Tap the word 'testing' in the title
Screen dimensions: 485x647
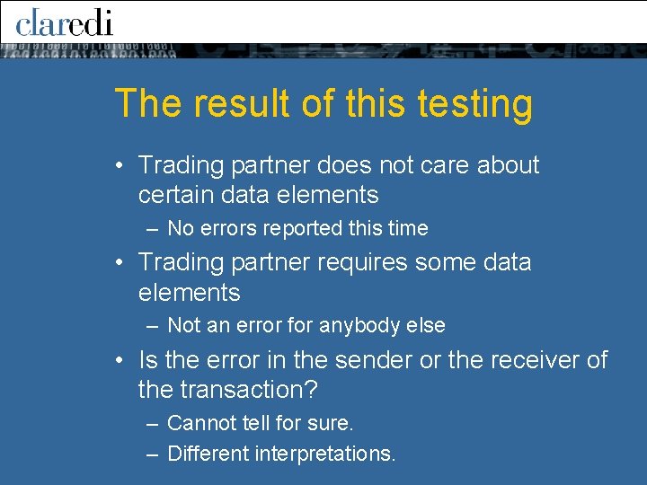pyautogui.click(x=475, y=104)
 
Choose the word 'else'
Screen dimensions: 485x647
pyautogui.click(x=428, y=325)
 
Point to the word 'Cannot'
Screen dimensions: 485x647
pyautogui.click(x=199, y=422)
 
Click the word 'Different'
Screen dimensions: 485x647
pyautogui.click(x=208, y=454)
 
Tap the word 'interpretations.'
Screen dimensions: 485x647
pyautogui.click(x=324, y=454)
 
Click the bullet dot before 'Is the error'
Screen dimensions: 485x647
pyautogui.click(x=120, y=361)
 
